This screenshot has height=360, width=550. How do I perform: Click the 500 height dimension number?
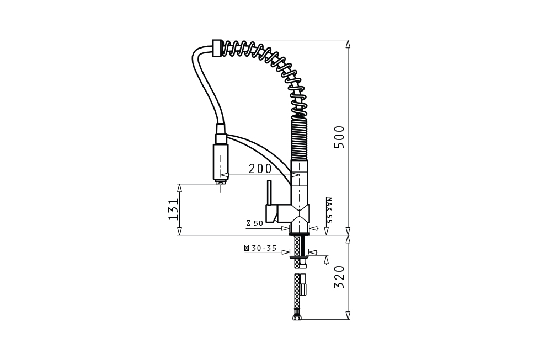coord(339,137)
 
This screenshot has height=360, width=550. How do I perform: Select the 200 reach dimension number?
coord(260,169)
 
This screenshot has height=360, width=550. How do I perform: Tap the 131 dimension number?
coord(174,209)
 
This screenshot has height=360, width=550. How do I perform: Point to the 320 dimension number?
coord(339,277)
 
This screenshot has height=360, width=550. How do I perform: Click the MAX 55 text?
coord(328,210)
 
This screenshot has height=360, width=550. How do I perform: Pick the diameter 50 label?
coord(255,223)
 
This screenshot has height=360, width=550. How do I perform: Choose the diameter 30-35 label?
coord(260,248)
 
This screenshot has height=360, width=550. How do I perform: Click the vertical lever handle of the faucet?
coord(269,192)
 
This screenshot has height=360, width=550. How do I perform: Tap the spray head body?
coord(221,162)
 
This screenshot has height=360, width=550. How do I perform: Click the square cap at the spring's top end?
coord(217,48)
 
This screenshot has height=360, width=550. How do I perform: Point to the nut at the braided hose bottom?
coord(297,318)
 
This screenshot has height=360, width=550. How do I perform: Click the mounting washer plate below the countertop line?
coord(299,257)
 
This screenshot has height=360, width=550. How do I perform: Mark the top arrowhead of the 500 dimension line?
coord(348,44)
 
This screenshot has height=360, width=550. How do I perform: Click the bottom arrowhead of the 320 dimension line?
coord(348,315)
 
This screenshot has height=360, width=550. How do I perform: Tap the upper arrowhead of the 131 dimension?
coord(179,188)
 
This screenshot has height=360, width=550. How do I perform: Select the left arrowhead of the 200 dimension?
coord(225,175)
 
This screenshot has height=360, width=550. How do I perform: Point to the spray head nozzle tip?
coord(221,181)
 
